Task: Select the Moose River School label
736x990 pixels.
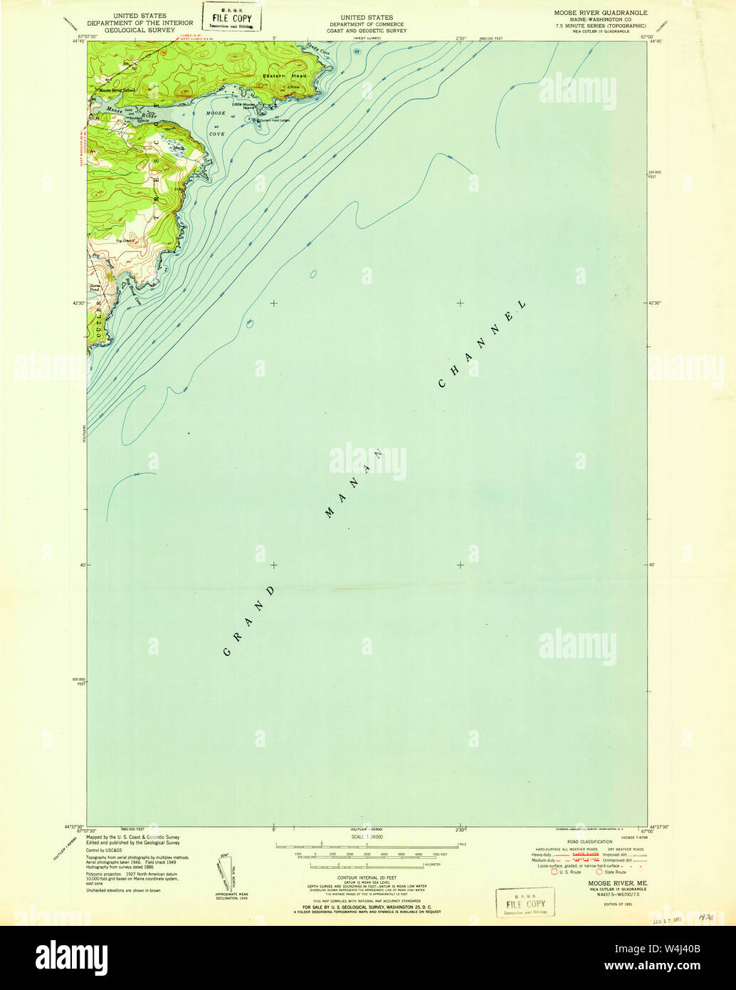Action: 117,90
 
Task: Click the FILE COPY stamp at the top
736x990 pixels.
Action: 231,16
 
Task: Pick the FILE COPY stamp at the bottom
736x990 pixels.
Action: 525,902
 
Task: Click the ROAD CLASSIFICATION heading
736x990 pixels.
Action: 586,842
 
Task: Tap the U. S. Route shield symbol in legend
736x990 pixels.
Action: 555,871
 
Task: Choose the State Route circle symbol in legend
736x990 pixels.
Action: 600,871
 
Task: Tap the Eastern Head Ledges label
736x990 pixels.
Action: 274,120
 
